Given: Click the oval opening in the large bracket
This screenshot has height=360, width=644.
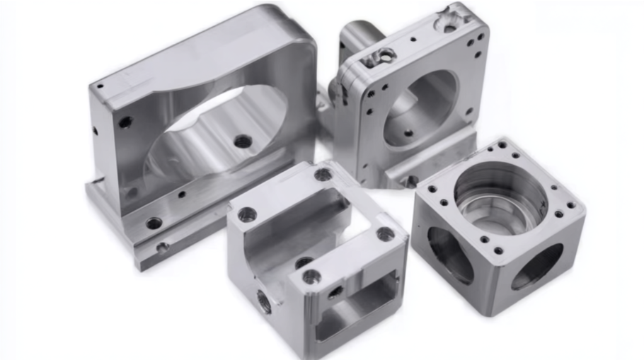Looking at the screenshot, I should coord(212,131).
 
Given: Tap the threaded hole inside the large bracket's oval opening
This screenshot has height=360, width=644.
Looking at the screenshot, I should coord(242,141).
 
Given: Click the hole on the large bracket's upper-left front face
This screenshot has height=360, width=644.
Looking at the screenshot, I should coord(125,122).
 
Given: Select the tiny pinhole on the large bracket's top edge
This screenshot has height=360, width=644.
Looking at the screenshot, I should coord(100,87).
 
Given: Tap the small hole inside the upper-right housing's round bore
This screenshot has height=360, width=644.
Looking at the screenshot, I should coord(408,132).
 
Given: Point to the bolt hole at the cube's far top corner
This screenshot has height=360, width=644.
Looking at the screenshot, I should coord(502,145).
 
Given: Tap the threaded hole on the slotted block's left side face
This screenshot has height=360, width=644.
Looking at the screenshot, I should coord(264,303).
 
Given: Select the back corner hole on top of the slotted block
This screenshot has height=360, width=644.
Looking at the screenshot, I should coord(323,174).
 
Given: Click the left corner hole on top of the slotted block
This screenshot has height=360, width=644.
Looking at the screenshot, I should coord(246,214).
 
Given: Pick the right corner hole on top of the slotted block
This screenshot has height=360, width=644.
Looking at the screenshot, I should coord(386,233).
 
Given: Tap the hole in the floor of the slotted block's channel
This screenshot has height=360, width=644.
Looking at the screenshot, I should coord(304,262).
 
